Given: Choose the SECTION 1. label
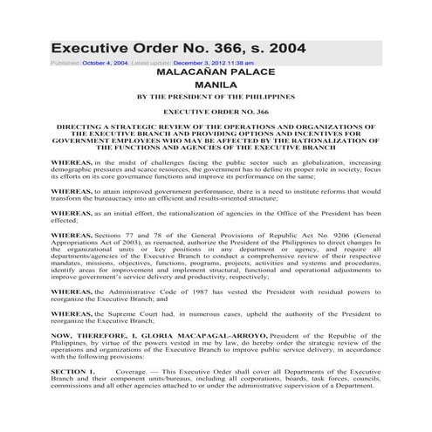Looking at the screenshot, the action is click(x=72, y=395).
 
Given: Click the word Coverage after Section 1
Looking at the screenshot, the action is click(x=132, y=395).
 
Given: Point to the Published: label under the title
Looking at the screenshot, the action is click(x=65, y=63).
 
